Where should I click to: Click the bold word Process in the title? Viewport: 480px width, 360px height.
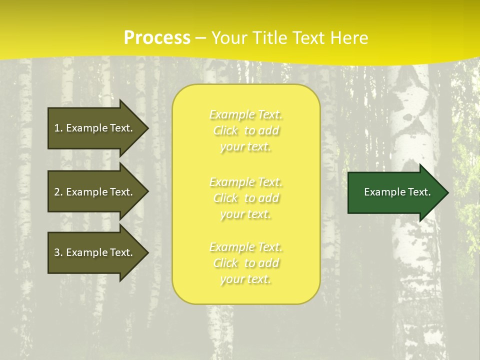click(x=157, y=38)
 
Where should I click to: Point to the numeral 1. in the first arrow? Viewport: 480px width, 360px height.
click(x=58, y=128)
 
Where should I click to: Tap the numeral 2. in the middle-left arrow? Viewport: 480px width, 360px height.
click(x=58, y=192)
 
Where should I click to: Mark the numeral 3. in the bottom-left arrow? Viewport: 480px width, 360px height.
click(x=58, y=252)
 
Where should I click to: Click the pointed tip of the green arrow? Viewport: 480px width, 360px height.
click(x=446, y=192)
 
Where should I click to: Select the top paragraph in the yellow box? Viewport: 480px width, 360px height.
click(x=246, y=130)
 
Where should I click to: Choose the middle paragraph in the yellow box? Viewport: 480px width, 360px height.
click(x=246, y=198)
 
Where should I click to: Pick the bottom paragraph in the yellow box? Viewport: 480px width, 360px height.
click(x=246, y=263)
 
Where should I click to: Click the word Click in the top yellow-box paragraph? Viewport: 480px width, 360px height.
click(x=225, y=130)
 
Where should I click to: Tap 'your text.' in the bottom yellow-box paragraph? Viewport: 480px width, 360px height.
click(x=245, y=279)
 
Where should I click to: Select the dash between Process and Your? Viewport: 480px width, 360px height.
click(x=201, y=38)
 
